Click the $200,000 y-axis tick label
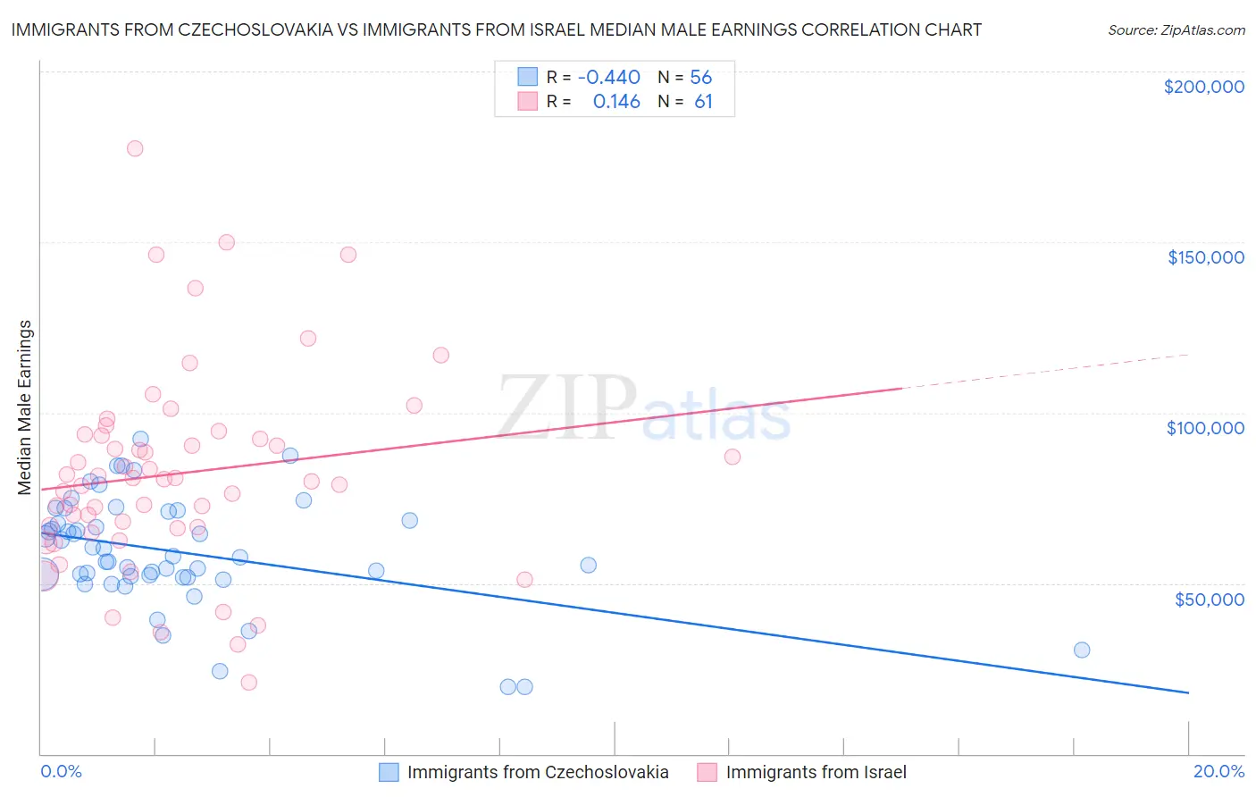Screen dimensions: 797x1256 (1203, 87)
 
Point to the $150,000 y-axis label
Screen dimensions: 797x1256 (1205, 257)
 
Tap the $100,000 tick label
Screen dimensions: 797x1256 (1205, 428)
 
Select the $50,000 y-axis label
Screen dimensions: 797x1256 (1209, 599)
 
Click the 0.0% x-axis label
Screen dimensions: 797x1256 (61, 771)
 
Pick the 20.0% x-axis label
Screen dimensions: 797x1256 (1218, 771)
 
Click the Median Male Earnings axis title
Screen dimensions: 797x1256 (25, 407)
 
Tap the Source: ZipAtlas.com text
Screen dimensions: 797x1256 (1176, 30)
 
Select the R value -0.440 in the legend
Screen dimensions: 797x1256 (608, 78)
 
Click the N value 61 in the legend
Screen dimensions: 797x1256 (703, 102)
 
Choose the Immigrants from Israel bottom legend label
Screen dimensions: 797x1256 (816, 772)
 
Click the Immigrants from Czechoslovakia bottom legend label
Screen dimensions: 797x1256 (538, 772)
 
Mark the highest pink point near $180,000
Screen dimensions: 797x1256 (135, 148)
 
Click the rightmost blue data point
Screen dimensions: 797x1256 (1082, 650)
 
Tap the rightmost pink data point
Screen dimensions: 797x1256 (733, 457)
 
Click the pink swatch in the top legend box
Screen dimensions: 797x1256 (528, 102)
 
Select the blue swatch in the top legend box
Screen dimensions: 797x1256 (528, 78)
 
